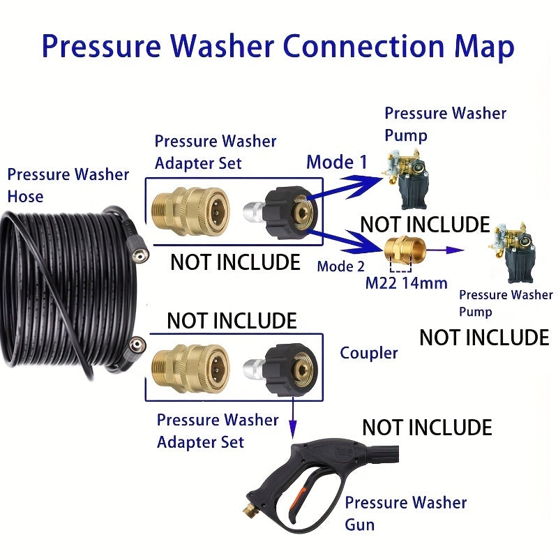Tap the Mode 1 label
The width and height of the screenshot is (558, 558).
pyautogui.click(x=336, y=163)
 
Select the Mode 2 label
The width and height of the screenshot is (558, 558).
pyautogui.click(x=340, y=266)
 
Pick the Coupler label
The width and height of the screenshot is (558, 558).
pyautogui.click(x=368, y=353)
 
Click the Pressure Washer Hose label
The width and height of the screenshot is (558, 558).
pyautogui.click(x=68, y=185)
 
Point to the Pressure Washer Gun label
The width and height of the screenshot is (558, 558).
pyautogui.click(x=406, y=513)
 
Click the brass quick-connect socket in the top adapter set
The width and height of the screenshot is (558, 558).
pyautogui.click(x=189, y=208)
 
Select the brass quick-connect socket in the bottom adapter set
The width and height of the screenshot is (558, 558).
pyautogui.click(x=189, y=365)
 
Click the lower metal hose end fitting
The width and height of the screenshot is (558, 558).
pyautogui.click(x=137, y=344)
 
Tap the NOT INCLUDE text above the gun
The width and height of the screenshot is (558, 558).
pyautogui.click(x=427, y=427)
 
